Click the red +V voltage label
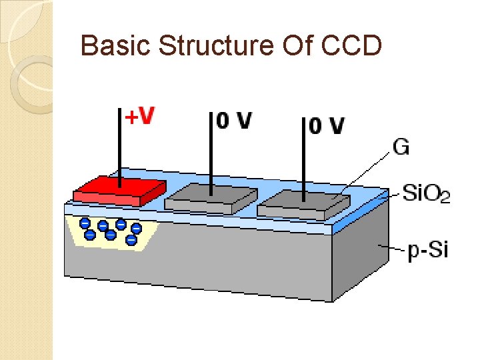(140, 117)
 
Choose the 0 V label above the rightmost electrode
(327, 125)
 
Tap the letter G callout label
(401, 147)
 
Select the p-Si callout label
(427, 251)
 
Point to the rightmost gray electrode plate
(304, 203)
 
